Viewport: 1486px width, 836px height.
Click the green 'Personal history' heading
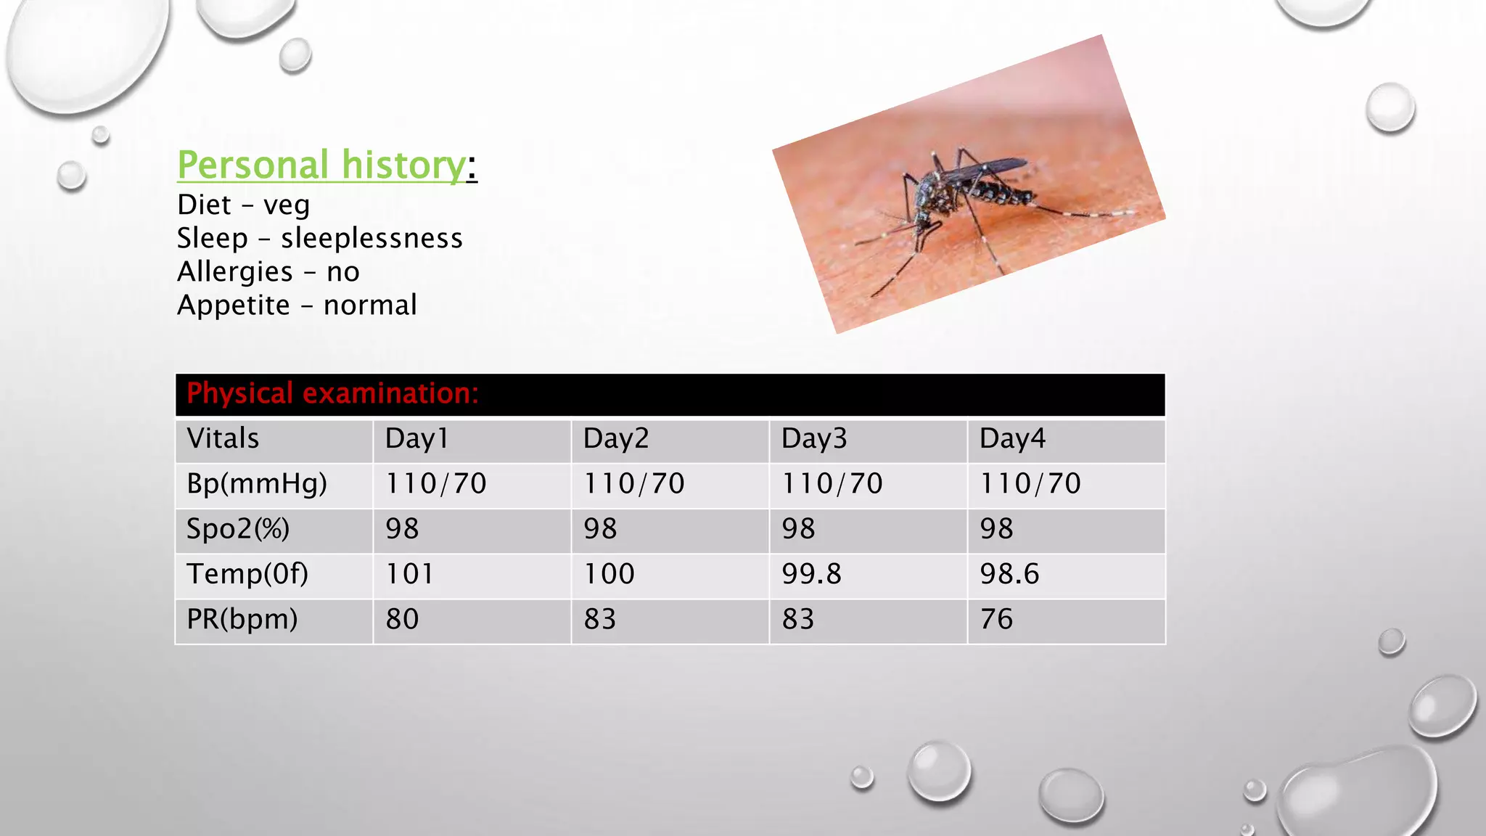pos(321,165)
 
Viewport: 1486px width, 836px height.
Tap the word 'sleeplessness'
pos(371,238)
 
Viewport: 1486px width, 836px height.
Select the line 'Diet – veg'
pos(243,205)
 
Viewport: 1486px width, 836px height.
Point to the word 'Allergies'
pos(235,271)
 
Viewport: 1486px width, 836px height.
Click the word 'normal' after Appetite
pos(370,305)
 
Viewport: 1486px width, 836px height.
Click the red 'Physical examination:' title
pos(332,393)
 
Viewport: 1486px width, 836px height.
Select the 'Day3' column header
pos(814,438)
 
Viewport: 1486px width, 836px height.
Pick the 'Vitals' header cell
pos(223,438)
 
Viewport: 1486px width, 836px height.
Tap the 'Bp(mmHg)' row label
pos(257,483)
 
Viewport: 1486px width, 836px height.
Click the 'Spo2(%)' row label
pos(238,528)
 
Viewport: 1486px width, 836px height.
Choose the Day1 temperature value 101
pos(409,574)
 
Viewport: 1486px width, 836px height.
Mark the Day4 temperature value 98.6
pos(1009,574)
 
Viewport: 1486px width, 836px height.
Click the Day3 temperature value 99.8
pos(811,574)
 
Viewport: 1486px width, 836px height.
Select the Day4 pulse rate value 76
pos(996,619)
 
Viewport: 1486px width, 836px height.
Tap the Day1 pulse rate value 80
pos(402,619)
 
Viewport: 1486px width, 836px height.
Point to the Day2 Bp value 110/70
pos(634,483)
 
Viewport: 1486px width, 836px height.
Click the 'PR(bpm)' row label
pos(242,619)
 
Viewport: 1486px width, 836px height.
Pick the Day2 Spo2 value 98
pos(600,528)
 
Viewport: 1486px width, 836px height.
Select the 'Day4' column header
pos(1012,438)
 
